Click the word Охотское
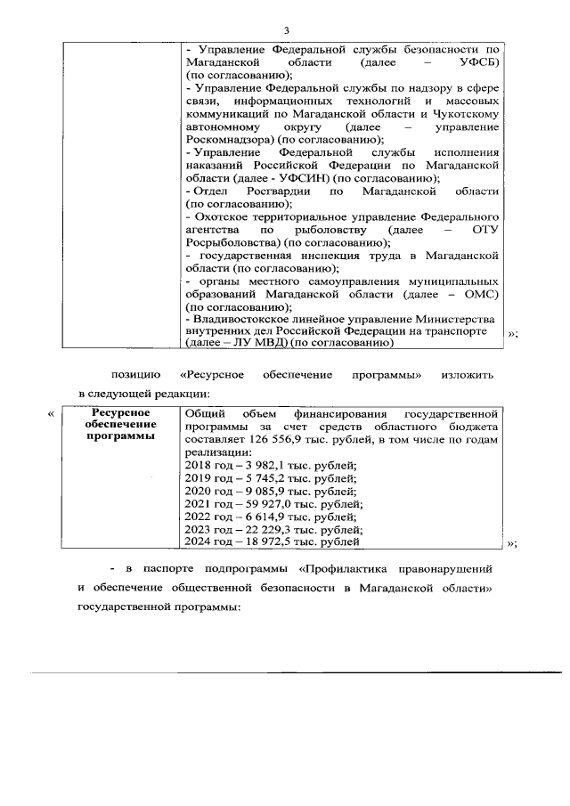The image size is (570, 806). click(x=216, y=216)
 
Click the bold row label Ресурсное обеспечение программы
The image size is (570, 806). click(x=121, y=425)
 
